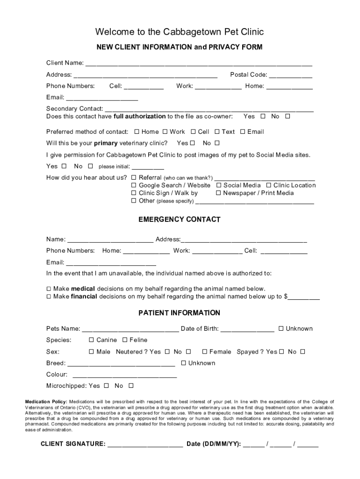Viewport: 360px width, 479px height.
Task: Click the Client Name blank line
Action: pos(198,64)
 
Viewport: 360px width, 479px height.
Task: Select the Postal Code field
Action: pos(290,75)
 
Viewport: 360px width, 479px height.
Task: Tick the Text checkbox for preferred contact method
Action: pos(217,132)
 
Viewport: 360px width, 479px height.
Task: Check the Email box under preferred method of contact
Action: pos(243,132)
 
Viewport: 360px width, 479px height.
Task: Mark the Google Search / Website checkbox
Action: pos(134,186)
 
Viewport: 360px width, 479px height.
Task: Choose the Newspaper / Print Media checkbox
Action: pos(218,193)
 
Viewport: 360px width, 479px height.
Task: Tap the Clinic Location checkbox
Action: pos(269,186)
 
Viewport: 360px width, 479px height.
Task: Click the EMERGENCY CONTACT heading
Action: pos(180,220)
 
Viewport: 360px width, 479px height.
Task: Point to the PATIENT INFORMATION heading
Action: pos(180,313)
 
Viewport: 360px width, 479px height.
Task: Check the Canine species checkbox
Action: pos(92,340)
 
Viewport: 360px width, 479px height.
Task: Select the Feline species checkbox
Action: pos(125,340)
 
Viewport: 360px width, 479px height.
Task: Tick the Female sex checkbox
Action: pos(205,352)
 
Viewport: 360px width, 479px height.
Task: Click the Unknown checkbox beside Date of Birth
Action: pos(281,329)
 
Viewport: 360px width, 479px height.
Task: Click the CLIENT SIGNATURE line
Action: pos(145,445)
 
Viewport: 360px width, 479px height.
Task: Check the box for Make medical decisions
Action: pos(49,289)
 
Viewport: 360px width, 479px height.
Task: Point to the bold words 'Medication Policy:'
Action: pos(46,402)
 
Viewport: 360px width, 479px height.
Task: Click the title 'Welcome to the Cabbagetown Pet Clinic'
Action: pos(180,32)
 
